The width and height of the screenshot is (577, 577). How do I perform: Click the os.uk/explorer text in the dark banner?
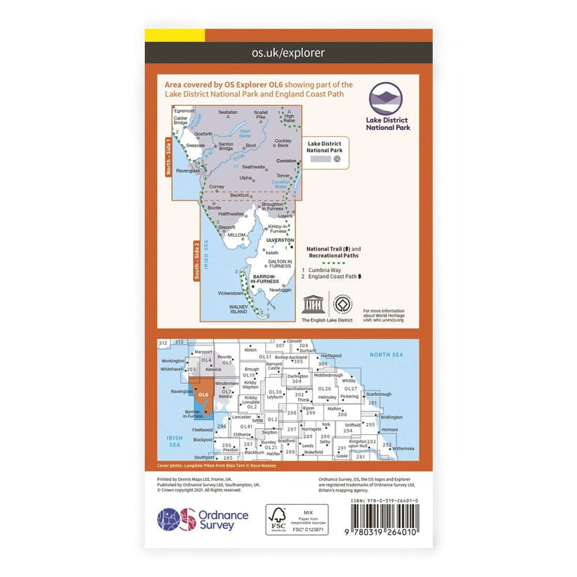pos(288,53)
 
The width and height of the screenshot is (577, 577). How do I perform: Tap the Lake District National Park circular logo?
pos(387,99)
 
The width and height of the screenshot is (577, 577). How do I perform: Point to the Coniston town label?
pos(286,159)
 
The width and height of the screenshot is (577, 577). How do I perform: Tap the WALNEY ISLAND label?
pos(238,309)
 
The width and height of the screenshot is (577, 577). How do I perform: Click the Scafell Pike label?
pos(261,116)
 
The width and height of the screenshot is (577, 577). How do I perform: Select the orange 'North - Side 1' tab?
pos(168,156)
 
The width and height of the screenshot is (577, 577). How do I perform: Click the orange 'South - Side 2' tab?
pos(197,260)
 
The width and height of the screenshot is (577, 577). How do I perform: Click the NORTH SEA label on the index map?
pos(386,354)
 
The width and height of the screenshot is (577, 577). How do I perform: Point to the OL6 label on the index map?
pos(203,394)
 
